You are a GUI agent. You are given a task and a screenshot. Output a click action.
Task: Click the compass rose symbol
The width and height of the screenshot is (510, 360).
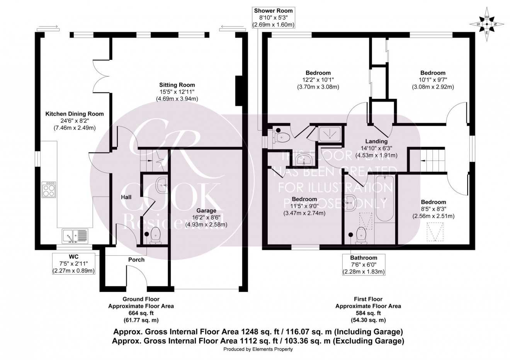487,24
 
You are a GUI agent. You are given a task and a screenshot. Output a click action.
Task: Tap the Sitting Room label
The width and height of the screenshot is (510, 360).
177,85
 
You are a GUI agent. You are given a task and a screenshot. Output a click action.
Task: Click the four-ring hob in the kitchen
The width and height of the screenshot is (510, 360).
49,190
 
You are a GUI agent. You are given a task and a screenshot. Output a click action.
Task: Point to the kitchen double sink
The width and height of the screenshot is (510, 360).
75,236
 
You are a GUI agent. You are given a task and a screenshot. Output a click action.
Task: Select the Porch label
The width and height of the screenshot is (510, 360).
136,260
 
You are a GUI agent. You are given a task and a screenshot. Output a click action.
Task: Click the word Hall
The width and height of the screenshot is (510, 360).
126,197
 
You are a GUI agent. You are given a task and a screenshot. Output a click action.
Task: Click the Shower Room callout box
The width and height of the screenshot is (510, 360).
274,17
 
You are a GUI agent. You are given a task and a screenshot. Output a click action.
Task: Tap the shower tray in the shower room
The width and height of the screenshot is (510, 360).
330,133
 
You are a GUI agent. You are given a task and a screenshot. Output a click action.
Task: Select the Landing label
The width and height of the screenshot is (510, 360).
377,141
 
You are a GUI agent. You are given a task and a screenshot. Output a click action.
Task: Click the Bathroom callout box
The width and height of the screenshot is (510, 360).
364,265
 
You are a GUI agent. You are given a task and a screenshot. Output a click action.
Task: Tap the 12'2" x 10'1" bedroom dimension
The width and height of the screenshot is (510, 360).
318,80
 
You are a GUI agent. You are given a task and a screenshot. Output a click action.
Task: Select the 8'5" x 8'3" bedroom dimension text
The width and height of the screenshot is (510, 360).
433,209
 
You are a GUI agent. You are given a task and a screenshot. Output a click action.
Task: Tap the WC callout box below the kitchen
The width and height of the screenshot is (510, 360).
73,263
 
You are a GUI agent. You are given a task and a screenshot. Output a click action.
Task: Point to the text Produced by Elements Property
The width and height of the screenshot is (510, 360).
258,349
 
